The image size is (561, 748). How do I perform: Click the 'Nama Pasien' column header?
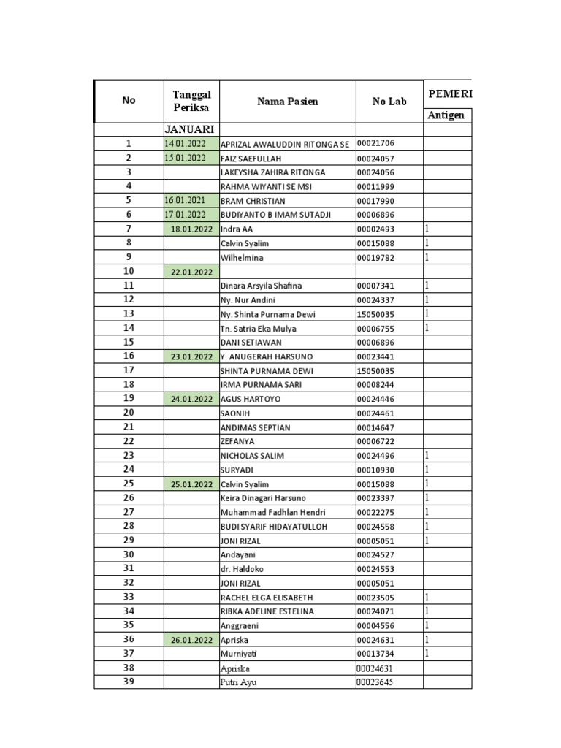click(287, 102)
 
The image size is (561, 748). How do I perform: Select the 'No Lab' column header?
click(389, 102)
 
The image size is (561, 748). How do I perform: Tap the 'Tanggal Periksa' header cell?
click(191, 102)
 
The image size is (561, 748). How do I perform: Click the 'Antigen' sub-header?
click(446, 115)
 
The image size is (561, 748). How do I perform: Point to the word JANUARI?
click(191, 129)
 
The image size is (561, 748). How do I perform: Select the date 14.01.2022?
click(186, 144)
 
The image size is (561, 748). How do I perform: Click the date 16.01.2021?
click(186, 201)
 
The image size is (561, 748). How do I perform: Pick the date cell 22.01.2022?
click(191, 272)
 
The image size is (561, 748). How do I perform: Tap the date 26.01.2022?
click(191, 640)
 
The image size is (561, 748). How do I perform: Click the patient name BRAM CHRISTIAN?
click(253, 201)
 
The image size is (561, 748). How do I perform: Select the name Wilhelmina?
click(243, 258)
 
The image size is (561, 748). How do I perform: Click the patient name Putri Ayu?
click(238, 682)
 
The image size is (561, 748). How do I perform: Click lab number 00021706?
click(375, 144)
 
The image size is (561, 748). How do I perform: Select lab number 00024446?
click(375, 399)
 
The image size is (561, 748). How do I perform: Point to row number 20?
click(129, 413)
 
